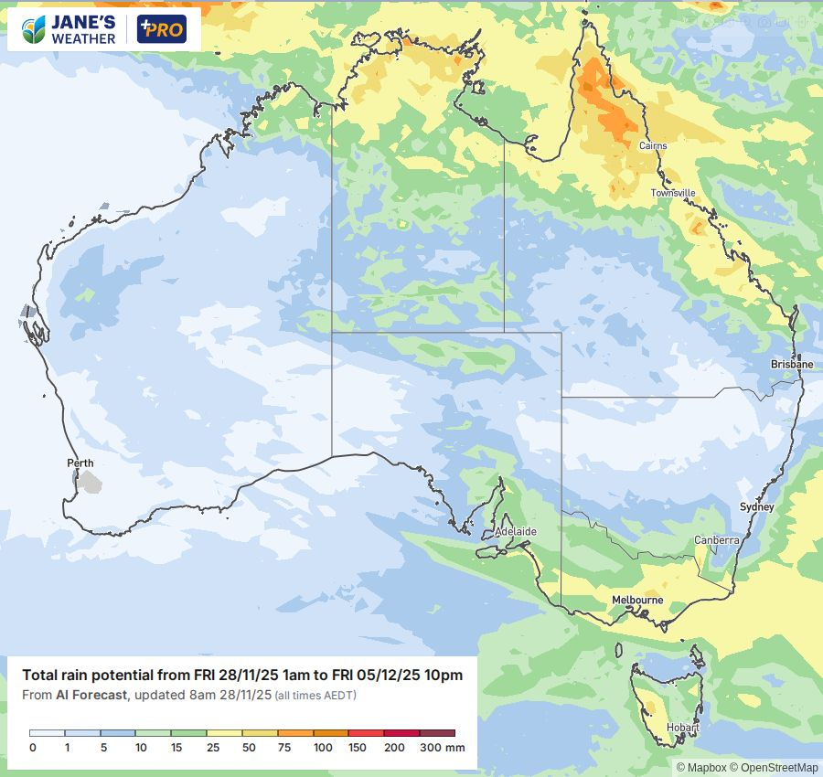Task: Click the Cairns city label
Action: pos(653,146)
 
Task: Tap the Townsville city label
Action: pos(673,194)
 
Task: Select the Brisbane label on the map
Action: pos(791,364)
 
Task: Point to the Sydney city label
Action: pos(756,507)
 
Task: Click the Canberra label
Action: pos(716,540)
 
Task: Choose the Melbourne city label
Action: pos(637,601)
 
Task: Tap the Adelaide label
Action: pos(515,531)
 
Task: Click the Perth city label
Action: pos(80,463)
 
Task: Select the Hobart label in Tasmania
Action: pos(682,729)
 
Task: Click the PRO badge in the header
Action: pos(161,29)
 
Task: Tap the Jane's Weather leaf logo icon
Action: pos(35,29)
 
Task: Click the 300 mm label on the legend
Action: pos(443,748)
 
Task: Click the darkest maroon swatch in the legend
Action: pos(437,733)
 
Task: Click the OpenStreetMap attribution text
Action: pos(779,768)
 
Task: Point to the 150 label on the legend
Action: pos(357,748)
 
